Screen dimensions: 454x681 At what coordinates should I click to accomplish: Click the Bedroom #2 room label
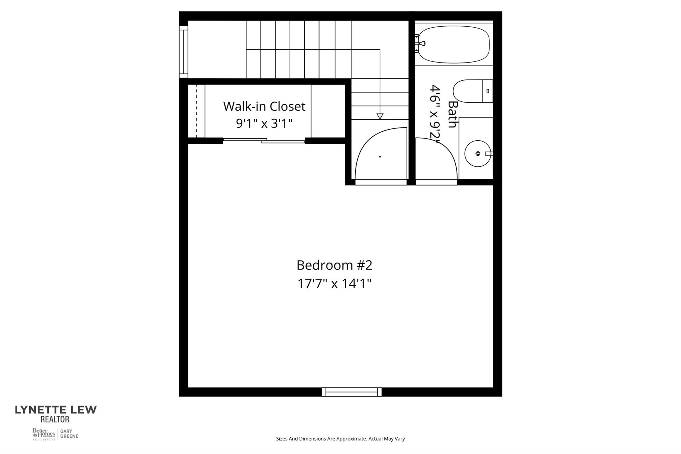pos(334,265)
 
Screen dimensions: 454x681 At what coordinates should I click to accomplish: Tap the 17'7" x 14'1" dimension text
pos(334,284)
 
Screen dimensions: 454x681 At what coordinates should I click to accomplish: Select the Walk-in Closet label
pos(264,106)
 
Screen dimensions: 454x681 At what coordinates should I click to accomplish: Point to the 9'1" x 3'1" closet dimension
pos(264,124)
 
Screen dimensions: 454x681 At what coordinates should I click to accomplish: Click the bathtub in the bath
pos(454,45)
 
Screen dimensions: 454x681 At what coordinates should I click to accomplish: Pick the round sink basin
pos(477,154)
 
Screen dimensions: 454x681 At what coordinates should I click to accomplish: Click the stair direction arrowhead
pos(380,116)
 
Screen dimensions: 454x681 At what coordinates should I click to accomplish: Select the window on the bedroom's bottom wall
pos(351,392)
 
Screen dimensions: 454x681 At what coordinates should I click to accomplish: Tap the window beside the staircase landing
pos(184,52)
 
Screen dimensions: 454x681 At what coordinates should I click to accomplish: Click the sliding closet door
pos(264,141)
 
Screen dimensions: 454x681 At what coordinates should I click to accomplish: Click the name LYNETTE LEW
pos(56,410)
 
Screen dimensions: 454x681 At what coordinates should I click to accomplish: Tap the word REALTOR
pos(55,419)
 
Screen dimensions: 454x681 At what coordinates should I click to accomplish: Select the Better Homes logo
pos(44,434)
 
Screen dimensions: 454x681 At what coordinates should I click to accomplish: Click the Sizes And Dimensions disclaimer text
pos(340,439)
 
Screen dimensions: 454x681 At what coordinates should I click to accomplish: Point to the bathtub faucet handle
pos(422,43)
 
